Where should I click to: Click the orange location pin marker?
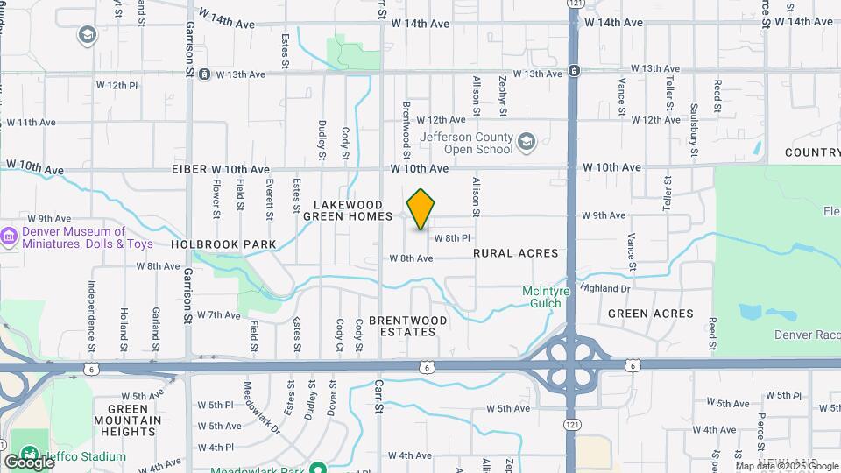[x=421, y=209]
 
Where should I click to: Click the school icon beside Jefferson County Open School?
[x=526, y=142]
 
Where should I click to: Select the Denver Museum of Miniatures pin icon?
[x=10, y=236]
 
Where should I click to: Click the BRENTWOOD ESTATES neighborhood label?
[x=407, y=326]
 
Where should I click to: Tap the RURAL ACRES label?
[x=515, y=253]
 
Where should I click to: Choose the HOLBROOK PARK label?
[x=223, y=244]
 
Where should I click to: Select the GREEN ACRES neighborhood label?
[x=650, y=314]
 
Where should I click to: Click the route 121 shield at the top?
[x=574, y=4]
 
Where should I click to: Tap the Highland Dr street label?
[x=605, y=288]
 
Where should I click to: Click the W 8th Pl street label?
[x=453, y=238]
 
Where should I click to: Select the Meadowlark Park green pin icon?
[x=320, y=467]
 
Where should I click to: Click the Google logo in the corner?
[x=29, y=462]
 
